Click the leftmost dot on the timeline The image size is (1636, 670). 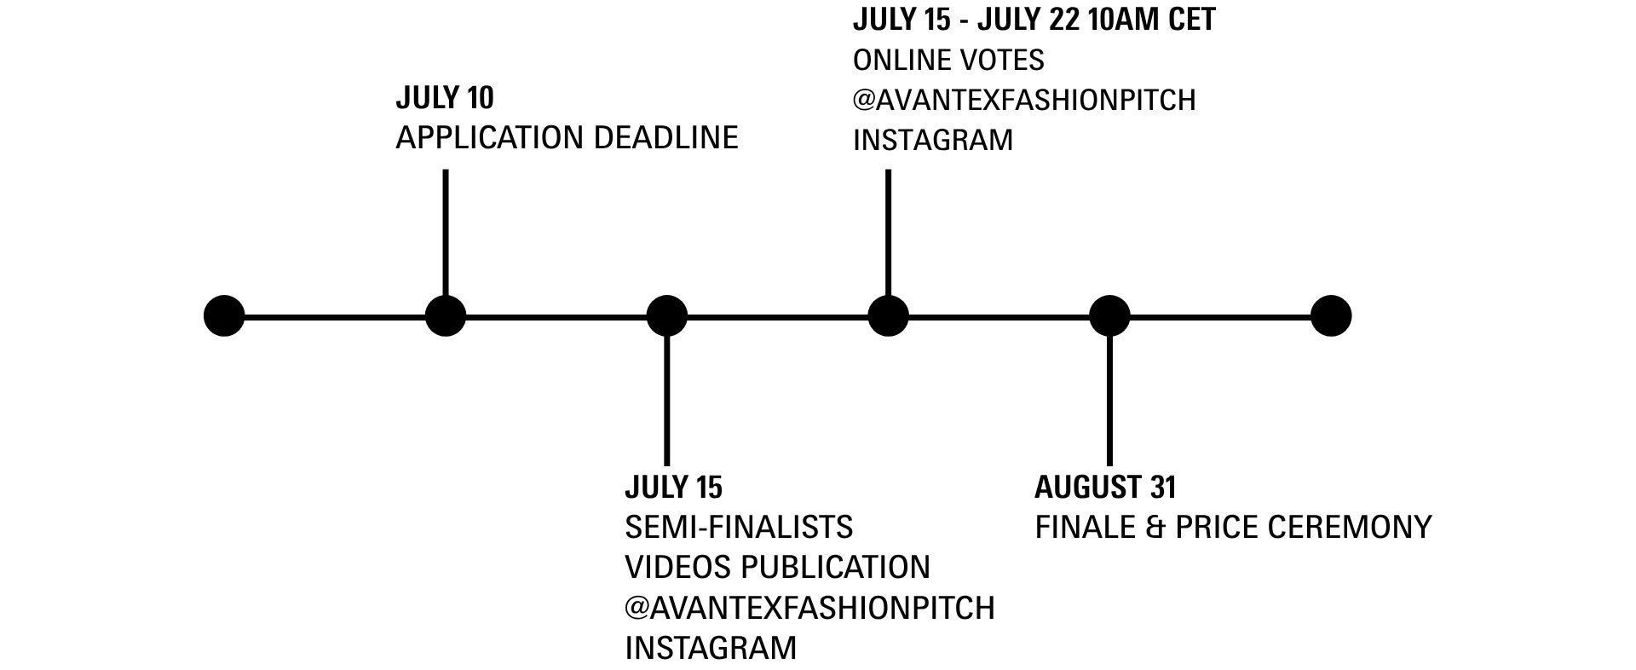[224, 316]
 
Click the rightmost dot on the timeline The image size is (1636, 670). [1330, 316]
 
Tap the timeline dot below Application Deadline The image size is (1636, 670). [446, 316]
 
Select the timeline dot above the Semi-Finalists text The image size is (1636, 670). [666, 316]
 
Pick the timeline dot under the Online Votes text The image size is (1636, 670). [888, 316]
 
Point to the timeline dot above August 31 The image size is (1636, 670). [1109, 316]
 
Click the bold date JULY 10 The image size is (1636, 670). [445, 98]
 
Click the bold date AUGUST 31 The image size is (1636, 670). [1105, 488]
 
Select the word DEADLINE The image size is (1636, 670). [665, 137]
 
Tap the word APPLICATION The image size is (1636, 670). [490, 137]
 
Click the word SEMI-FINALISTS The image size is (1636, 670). [739, 528]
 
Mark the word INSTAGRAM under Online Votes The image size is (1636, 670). [933, 140]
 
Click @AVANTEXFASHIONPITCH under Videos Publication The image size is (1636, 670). [809, 608]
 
